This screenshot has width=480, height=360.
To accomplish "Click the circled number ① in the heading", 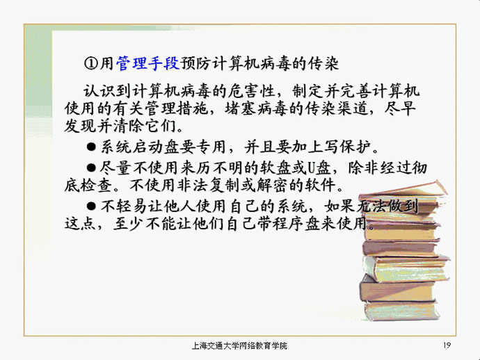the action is point(91,64).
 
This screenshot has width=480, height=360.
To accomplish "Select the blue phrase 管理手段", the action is point(148,64).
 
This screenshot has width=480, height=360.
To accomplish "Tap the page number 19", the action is point(447,345).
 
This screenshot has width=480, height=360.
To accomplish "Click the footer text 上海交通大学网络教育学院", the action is point(239,345).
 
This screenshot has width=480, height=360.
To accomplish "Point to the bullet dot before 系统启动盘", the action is point(91,147).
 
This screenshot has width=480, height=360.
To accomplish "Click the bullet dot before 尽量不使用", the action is point(91,167).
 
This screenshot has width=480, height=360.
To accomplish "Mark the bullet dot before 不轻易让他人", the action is point(91,206).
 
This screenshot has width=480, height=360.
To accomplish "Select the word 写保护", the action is point(347,147).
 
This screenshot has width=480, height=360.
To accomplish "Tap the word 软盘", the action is point(275,168).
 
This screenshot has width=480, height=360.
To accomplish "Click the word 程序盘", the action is point(296,224).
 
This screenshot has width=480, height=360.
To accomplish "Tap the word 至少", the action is point(129,224).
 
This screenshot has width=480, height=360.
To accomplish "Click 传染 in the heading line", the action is point(323,64).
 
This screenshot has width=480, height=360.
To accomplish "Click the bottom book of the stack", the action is point(401,311).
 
